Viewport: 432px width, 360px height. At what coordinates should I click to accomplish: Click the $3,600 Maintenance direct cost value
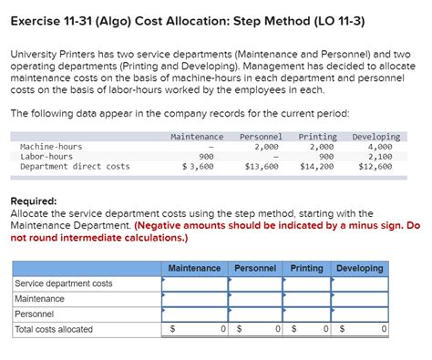(x=198, y=167)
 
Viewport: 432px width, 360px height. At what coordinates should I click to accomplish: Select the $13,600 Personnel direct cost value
(x=262, y=167)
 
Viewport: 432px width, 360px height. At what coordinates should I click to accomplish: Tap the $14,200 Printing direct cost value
(x=317, y=167)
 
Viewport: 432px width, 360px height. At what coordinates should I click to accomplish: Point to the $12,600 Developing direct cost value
(x=375, y=167)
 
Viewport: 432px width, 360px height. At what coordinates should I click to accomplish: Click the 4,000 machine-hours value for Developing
(x=379, y=146)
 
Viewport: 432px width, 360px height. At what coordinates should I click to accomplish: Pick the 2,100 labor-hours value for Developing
(x=379, y=156)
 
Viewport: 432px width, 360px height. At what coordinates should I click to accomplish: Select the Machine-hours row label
(x=50, y=146)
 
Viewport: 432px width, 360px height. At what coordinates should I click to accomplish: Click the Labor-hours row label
(x=46, y=156)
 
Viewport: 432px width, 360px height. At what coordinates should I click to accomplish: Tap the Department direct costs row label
(x=74, y=167)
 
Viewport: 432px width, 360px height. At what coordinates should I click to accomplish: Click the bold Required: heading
(x=33, y=201)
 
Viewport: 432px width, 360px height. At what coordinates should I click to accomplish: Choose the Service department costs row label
(x=64, y=283)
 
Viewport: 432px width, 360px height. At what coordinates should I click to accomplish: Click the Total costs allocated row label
(x=54, y=329)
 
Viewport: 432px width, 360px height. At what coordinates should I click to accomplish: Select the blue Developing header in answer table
(x=359, y=268)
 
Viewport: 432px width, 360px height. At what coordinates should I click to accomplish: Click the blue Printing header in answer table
(x=306, y=268)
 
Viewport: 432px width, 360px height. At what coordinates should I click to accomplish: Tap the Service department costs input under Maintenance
(x=194, y=283)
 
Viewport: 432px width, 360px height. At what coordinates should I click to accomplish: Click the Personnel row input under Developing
(x=359, y=314)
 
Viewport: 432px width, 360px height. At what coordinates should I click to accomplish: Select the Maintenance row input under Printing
(x=306, y=299)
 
